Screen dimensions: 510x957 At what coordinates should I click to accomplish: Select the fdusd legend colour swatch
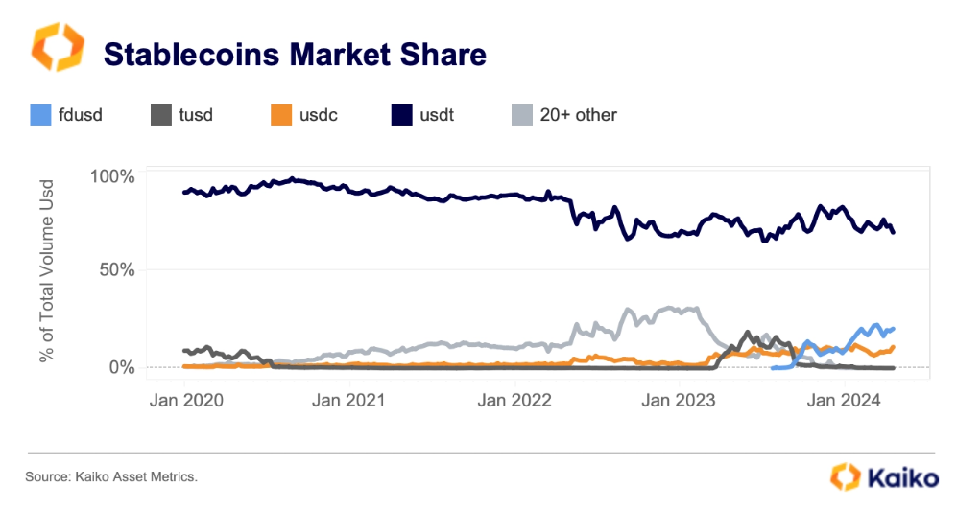40,115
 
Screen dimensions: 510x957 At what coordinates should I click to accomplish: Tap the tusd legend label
195,115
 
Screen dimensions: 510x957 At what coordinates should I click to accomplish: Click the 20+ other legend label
578,115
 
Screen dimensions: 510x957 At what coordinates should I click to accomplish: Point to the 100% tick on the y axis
113,177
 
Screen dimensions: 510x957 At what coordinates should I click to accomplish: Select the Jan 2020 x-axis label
189,400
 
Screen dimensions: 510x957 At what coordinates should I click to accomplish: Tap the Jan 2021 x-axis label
352,400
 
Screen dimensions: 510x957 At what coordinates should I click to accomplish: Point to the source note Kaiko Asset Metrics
111,476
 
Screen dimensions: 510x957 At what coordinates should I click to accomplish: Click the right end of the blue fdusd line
894,329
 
